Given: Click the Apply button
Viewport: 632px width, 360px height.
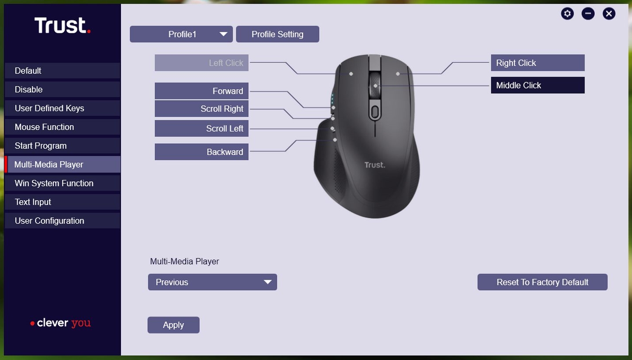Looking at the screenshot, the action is [173, 325].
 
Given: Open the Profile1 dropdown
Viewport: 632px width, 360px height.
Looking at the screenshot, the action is [181, 34].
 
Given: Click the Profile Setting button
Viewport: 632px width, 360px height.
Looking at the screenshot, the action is [278, 34].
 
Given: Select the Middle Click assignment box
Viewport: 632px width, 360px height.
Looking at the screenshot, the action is [537, 85].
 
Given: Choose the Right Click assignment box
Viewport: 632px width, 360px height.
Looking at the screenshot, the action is [537, 62].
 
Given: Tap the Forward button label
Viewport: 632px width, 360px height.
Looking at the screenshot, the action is [201, 91].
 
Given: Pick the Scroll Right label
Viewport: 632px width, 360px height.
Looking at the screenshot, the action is [201, 108].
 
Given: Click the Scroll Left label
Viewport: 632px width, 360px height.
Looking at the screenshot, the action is [201, 129].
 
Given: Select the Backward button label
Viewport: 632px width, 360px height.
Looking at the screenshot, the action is [201, 152].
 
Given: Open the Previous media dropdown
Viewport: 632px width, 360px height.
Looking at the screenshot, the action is [212, 282].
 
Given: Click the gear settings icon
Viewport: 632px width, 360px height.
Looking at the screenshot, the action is [567, 14].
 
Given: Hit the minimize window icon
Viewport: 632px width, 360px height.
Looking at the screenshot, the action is [588, 14].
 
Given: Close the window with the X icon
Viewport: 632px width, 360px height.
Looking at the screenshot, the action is [609, 14].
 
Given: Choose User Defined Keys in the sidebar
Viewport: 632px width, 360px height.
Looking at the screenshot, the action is [62, 108].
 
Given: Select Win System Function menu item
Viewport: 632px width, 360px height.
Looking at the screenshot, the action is [62, 183].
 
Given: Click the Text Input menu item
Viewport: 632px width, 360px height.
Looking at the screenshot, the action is [62, 202].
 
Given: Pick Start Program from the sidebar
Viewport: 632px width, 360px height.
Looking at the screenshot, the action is [62, 146].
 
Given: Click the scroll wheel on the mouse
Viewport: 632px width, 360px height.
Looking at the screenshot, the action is [375, 84].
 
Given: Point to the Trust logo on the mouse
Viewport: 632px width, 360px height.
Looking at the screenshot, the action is [375, 165].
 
